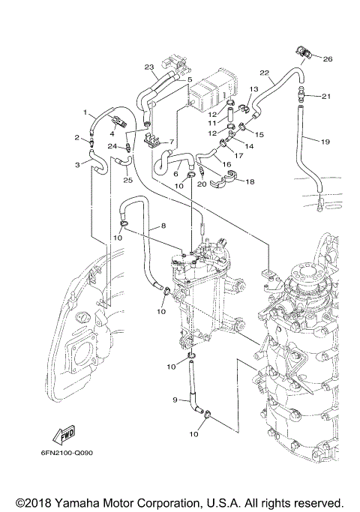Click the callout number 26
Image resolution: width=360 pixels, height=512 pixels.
327,58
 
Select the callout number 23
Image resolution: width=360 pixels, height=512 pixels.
149,66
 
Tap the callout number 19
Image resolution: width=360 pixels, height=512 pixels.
326,141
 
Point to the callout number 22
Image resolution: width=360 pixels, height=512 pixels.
264,73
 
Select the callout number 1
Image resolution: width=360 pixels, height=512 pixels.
86,113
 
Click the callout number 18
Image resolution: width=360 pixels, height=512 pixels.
250,181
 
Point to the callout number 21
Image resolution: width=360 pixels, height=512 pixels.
326,96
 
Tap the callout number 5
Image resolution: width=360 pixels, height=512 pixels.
190,79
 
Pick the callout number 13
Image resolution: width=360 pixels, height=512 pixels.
253,89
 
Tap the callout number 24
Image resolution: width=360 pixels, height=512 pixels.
110,145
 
